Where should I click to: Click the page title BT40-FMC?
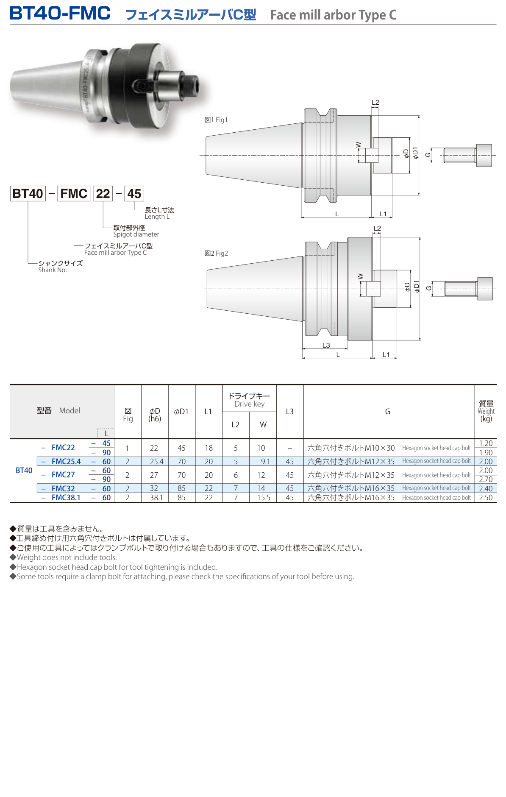coord(60,14)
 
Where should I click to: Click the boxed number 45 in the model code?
coord(134,194)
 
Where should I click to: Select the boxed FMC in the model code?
coord(74,194)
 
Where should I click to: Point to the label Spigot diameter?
coord(136,234)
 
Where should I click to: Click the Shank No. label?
coord(53,270)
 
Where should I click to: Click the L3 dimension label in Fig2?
coord(326,346)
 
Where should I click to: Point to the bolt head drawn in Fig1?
coord(484,155)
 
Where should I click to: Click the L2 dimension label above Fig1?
coord(375,103)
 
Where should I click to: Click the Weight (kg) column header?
coord(486,411)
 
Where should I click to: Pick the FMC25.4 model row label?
coord(66,462)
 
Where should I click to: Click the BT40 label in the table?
coord(24,471)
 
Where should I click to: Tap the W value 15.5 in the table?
coord(263,498)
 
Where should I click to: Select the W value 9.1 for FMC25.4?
coord(265,462)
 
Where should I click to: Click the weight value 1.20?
coord(486,443)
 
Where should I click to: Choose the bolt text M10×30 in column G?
coord(380,448)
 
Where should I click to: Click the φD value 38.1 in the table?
coord(156,498)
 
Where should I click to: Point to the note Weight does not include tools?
coord(67,557)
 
